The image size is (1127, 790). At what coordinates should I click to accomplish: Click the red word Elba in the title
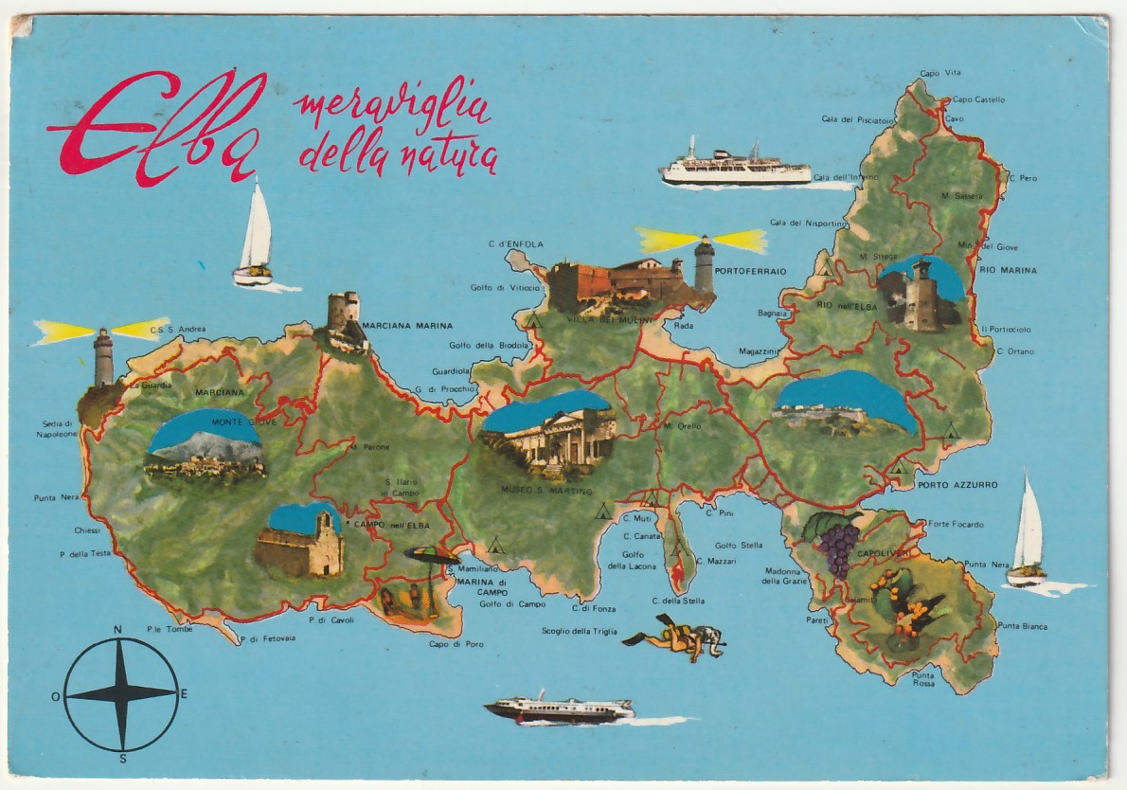(156, 128)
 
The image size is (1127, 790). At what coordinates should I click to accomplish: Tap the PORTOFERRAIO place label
(751, 271)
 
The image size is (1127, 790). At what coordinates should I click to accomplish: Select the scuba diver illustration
(676, 637)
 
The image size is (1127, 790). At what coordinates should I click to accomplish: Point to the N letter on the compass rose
(117, 630)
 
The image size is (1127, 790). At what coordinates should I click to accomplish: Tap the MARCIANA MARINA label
(407, 326)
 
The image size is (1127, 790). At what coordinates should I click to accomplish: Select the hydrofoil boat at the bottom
(559, 709)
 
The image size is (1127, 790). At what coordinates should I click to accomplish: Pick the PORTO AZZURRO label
(957, 485)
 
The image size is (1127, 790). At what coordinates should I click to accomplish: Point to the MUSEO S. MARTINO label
(546, 492)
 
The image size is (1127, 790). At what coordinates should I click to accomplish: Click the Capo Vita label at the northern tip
(939, 73)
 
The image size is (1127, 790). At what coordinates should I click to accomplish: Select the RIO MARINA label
(1008, 270)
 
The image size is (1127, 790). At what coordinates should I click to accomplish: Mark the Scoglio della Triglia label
(579, 631)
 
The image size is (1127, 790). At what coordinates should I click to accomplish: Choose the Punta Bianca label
(1022, 626)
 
